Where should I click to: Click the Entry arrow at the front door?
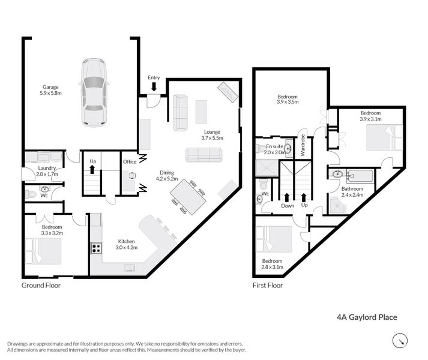click(x=154, y=87)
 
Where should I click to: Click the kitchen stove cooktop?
click(x=95, y=248)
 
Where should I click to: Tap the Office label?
click(x=130, y=161)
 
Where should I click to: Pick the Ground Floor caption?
click(x=41, y=286)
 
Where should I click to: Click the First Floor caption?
click(x=267, y=286)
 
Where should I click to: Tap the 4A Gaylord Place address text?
click(x=366, y=317)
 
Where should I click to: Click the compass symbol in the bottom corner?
click(x=399, y=341)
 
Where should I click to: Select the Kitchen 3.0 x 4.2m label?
click(x=126, y=244)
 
